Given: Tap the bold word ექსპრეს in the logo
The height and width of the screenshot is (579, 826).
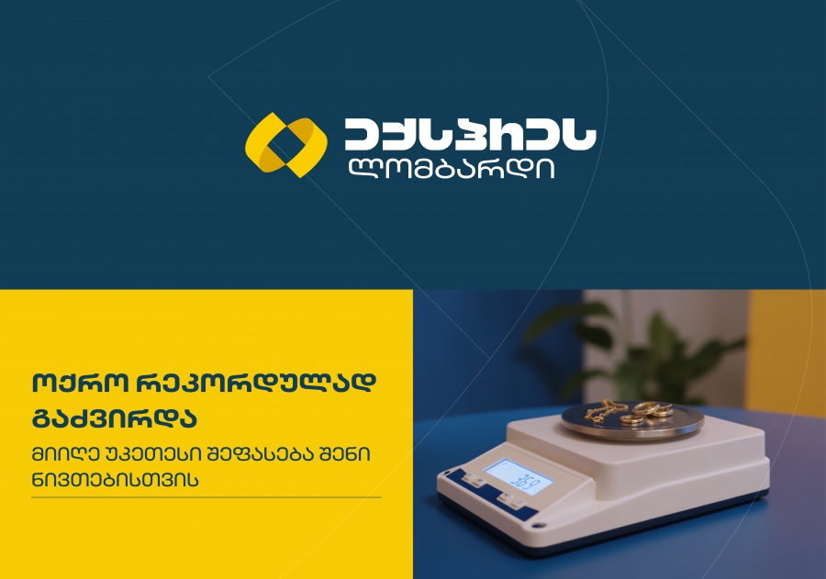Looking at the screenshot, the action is pos(471,134).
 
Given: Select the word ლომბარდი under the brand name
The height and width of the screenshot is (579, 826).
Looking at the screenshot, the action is pos(451,169).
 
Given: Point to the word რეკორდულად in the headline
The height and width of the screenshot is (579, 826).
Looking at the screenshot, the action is pos(257,384).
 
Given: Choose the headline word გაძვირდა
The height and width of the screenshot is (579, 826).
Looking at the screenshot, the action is pos(115,418).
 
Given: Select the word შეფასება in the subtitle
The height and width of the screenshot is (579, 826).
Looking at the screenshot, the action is pos(261,454).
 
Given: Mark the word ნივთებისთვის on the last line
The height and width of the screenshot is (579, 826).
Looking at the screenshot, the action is pos(116,480).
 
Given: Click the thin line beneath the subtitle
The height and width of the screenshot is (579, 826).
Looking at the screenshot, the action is pos(206,496).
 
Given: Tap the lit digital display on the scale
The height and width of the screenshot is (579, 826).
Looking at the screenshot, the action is pos(519,478).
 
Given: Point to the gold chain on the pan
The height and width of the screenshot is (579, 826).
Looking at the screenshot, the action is pos(605,411).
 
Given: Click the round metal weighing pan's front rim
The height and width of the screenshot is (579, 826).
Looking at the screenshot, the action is pos(632,434).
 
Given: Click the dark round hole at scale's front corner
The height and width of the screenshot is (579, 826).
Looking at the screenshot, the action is pos(537,525).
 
